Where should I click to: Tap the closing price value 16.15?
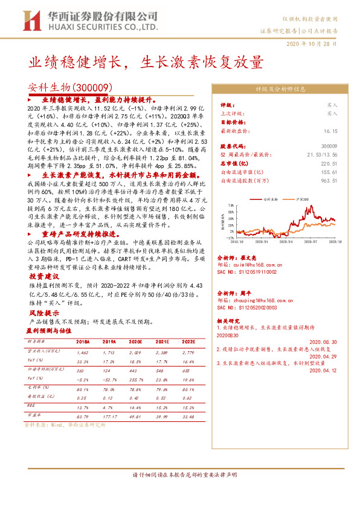click(x=329, y=130)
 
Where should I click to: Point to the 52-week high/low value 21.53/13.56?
click(x=320, y=155)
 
